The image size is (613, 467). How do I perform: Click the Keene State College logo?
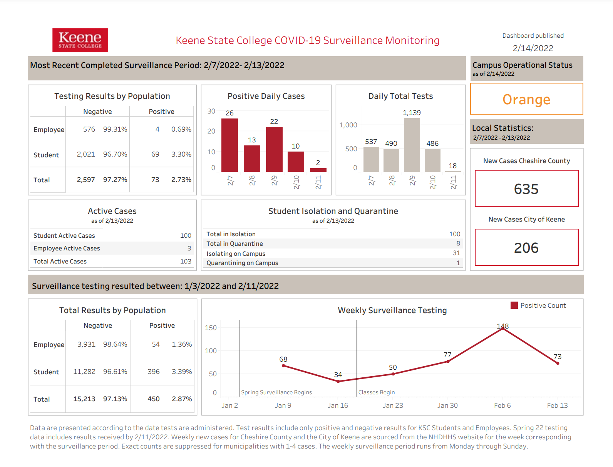click(80, 40)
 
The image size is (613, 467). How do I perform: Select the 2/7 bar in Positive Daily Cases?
click(229, 145)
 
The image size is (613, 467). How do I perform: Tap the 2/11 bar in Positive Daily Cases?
click(318, 170)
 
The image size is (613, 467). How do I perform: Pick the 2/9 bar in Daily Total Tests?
click(412, 145)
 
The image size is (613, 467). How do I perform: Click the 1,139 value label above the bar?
click(412, 113)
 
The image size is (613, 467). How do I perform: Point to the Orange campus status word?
click(526, 99)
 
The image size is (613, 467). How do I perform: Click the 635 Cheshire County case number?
click(526, 189)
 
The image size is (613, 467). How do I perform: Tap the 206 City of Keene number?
click(526, 248)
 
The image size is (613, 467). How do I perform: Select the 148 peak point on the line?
click(503, 329)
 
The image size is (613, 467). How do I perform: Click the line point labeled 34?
click(338, 381)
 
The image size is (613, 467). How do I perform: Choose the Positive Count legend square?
click(514, 305)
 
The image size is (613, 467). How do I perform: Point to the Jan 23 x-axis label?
click(393, 405)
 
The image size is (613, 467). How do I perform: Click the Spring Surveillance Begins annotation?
click(276, 392)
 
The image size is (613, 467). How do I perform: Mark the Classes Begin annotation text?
click(377, 392)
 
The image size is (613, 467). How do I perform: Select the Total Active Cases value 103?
click(186, 262)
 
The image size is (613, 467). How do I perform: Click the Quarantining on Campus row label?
click(242, 263)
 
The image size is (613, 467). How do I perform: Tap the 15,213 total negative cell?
click(84, 399)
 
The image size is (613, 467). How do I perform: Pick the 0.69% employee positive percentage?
click(181, 129)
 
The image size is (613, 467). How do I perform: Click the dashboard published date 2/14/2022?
click(533, 48)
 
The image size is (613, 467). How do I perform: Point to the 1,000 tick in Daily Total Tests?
click(348, 125)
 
